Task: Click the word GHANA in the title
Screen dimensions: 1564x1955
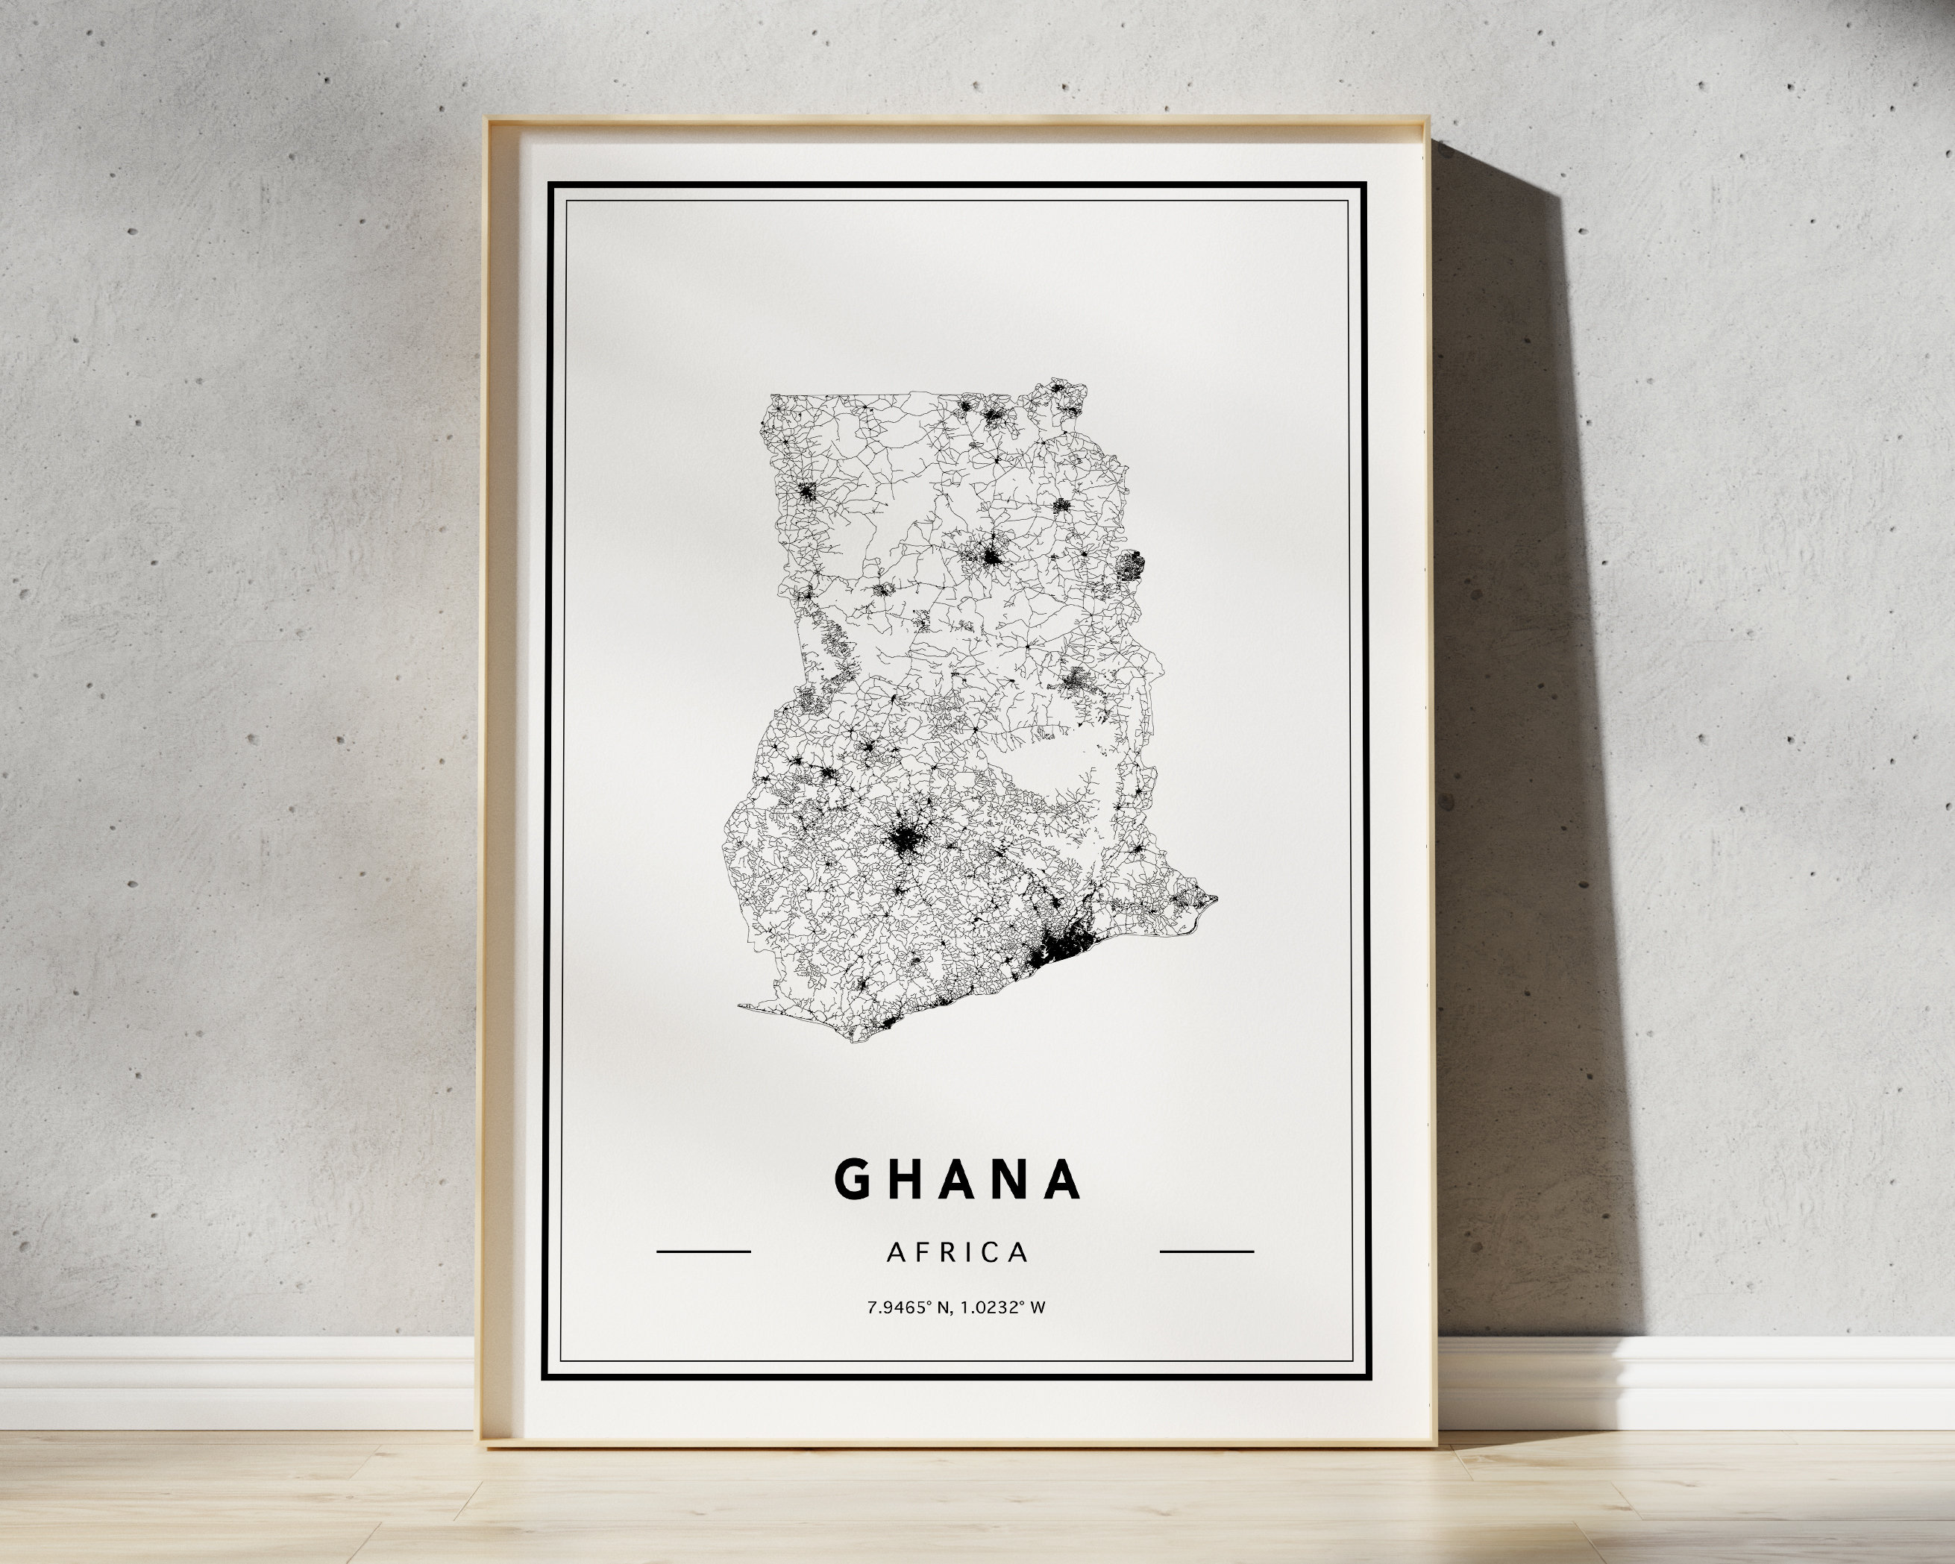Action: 957,1178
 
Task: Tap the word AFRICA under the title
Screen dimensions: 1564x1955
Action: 958,1252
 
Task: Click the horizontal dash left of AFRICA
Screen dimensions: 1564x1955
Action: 703,1251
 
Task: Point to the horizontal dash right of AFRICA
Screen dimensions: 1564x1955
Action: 1207,1251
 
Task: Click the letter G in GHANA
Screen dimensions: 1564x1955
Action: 853,1178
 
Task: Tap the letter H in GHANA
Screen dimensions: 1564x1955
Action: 905,1178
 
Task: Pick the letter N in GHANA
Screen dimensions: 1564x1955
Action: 1011,1178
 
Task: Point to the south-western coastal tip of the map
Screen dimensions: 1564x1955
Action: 741,1005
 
